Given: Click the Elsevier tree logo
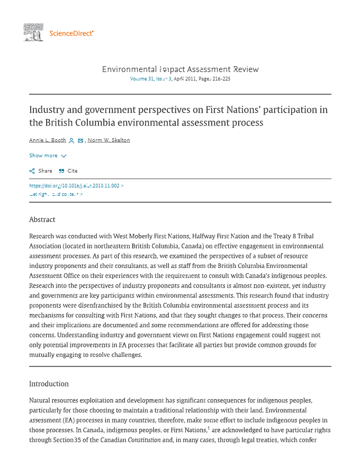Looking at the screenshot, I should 33,32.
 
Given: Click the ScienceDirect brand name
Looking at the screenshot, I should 71,33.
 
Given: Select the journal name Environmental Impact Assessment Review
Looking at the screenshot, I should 180,69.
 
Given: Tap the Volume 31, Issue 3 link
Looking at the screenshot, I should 151,79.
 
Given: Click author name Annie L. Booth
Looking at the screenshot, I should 48,140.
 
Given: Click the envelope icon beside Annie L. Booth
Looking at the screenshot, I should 80,140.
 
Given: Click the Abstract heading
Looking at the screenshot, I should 42,220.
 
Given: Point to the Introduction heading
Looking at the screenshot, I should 49,384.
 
